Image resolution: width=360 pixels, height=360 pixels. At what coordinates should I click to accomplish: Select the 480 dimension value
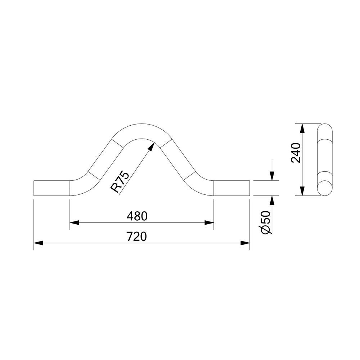(x=137, y=216)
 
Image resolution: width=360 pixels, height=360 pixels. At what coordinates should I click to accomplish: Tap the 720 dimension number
(x=136, y=237)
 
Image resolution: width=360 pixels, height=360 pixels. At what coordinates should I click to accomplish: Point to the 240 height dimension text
(x=296, y=153)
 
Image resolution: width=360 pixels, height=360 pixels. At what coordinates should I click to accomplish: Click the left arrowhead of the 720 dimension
(x=39, y=243)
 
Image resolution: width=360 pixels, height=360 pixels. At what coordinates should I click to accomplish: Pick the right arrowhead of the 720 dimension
(x=245, y=243)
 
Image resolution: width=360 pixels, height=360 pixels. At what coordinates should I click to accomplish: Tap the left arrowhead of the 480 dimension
(x=74, y=222)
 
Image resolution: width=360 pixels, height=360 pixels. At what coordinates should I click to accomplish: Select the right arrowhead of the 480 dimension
(x=209, y=222)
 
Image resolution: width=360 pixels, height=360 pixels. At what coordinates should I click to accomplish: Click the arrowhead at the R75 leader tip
(x=151, y=147)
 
